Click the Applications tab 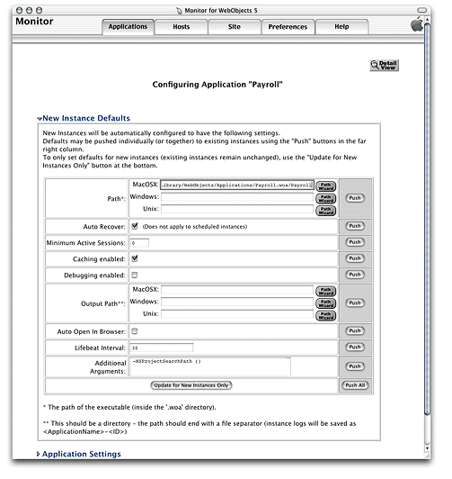(x=128, y=27)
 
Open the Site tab (x=234, y=27)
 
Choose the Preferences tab (x=288, y=27)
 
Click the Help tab (x=341, y=27)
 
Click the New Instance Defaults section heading (x=85, y=118)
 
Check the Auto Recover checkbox (x=134, y=226)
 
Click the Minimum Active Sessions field (x=139, y=242)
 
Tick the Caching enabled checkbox (x=134, y=258)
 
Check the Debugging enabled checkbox (x=134, y=275)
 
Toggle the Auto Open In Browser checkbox (x=134, y=331)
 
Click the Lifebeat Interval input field (x=161, y=348)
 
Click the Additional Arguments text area (x=210, y=366)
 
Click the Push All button (x=354, y=384)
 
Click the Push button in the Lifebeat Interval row (x=354, y=348)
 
